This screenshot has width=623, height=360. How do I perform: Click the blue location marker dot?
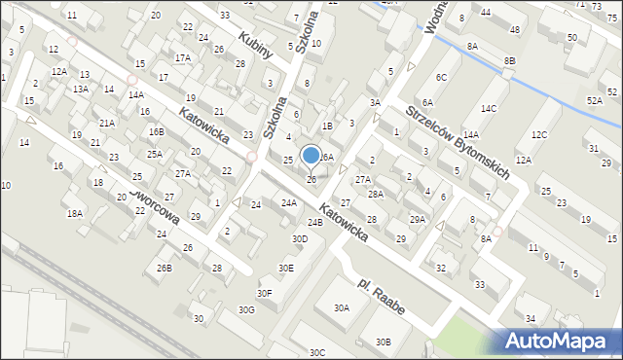[x=311, y=155]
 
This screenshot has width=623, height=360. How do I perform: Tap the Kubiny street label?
[x=253, y=45]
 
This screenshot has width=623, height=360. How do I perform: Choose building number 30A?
[x=342, y=307]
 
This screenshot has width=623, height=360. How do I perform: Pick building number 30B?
[x=384, y=342]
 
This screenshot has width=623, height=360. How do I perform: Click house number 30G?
[x=247, y=309]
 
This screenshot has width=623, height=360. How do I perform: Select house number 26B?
[x=165, y=268]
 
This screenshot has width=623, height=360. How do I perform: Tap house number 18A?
[x=74, y=213]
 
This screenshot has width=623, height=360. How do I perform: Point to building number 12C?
[x=539, y=134]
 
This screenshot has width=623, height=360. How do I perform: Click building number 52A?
[x=594, y=100]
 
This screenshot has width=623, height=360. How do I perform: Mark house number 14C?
[x=489, y=108]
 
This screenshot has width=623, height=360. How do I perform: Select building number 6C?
[x=441, y=77]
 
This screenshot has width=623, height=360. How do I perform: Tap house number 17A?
[x=182, y=57]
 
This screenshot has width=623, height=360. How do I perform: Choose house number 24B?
[x=314, y=223]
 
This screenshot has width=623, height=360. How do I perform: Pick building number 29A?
[x=417, y=219]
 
